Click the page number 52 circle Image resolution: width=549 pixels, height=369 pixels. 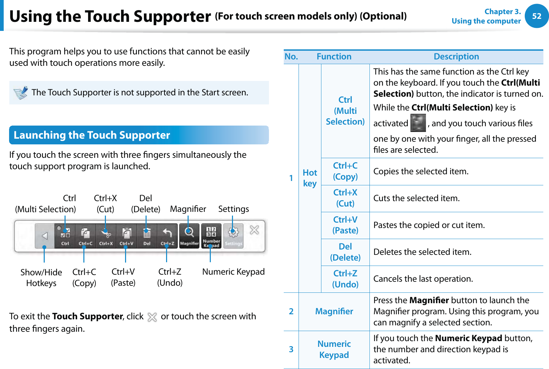click(537, 16)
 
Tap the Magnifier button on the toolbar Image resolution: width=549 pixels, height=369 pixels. click(189, 235)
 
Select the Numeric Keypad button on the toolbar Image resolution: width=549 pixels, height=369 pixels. click(211, 235)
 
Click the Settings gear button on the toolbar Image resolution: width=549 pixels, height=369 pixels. click(233, 235)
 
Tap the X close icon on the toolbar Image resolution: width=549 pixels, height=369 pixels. click(254, 230)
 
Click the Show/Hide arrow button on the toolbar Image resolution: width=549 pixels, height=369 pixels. click(45, 236)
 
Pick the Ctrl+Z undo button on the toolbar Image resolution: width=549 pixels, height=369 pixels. click(167, 235)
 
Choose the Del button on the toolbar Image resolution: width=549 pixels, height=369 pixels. click(147, 235)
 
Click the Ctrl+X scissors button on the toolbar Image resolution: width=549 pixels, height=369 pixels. click(106, 235)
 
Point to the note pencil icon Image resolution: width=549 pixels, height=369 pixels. click(21, 93)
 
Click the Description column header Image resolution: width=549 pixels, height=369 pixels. click(456, 57)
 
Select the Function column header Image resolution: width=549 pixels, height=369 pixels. click(334, 57)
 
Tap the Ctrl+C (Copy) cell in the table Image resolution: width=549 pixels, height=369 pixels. click(345, 171)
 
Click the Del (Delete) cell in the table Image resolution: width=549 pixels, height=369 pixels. click(345, 252)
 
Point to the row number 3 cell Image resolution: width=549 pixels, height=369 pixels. click(291, 350)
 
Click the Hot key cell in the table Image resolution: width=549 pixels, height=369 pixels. click(310, 178)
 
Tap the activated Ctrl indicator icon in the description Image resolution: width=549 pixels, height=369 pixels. click(418, 123)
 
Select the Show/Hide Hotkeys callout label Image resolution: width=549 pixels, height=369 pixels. click(41, 277)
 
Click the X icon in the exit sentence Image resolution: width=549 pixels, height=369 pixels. click(152, 317)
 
